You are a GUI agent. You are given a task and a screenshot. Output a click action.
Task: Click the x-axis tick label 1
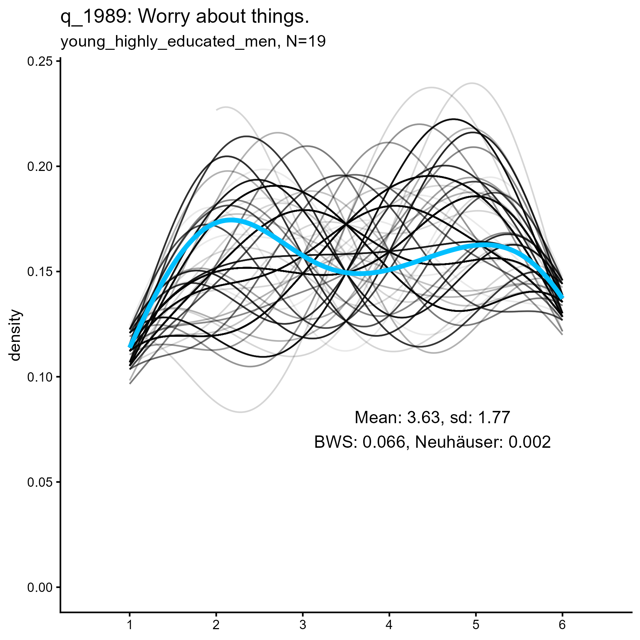pyautogui.click(x=129, y=624)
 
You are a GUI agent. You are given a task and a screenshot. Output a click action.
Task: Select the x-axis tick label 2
pyautogui.click(x=216, y=624)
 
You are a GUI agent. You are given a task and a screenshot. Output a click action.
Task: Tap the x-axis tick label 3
pyautogui.click(x=302, y=624)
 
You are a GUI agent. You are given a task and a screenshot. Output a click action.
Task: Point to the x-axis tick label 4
pyautogui.click(x=389, y=624)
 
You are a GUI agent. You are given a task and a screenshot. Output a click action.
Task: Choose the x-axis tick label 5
pyautogui.click(x=476, y=624)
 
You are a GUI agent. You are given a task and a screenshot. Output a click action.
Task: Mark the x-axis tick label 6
pyautogui.click(x=562, y=624)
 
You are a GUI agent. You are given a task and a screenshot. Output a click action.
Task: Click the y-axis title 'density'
pyautogui.click(x=16, y=335)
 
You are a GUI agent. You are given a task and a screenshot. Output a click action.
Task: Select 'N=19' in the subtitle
pyautogui.click(x=306, y=42)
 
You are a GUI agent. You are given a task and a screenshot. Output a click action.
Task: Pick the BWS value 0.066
pyautogui.click(x=384, y=442)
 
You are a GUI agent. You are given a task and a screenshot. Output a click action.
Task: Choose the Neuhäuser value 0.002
pyautogui.click(x=529, y=442)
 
